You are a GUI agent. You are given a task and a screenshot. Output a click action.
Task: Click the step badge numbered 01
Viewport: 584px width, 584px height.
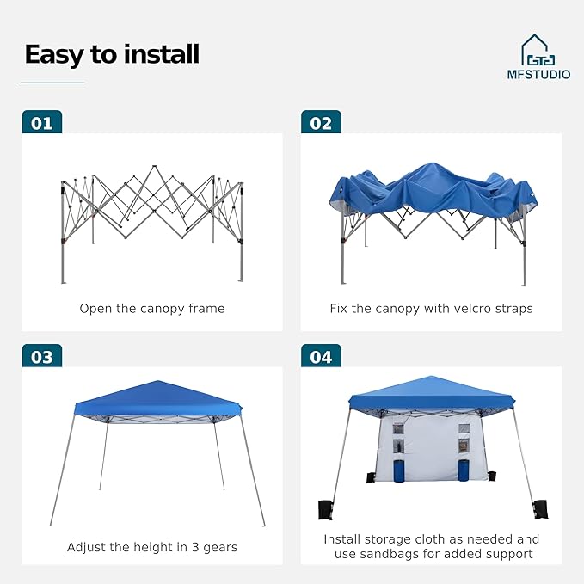pyautogui.click(x=41, y=122)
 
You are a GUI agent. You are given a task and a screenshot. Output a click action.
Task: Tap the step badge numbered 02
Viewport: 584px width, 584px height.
pyautogui.click(x=321, y=122)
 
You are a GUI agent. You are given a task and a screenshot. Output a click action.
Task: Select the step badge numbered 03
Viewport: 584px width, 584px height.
pyautogui.click(x=41, y=356)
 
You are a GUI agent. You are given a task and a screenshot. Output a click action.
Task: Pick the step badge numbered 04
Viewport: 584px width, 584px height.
pyautogui.click(x=321, y=356)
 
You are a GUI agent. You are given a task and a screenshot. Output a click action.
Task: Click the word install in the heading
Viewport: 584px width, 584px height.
pyautogui.click(x=162, y=54)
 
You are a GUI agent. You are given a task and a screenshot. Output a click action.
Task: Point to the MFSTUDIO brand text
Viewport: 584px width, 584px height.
pyautogui.click(x=538, y=75)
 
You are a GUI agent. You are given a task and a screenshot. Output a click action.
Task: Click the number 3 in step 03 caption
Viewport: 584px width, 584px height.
pyautogui.click(x=195, y=547)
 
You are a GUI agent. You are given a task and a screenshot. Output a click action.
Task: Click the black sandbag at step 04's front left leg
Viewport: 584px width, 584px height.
pyautogui.click(x=325, y=509)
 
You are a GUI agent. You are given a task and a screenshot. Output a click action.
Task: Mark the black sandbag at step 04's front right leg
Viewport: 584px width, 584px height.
pyautogui.click(x=540, y=509)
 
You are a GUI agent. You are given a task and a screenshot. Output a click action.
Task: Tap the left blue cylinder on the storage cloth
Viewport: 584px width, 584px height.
pyautogui.click(x=399, y=470)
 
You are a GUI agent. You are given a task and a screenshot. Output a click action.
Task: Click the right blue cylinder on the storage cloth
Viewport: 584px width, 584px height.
pyautogui.click(x=464, y=470)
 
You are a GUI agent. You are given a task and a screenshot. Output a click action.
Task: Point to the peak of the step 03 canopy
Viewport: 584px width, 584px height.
pyautogui.click(x=158, y=381)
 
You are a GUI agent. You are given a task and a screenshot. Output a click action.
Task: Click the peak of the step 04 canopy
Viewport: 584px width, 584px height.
pyautogui.click(x=431, y=377)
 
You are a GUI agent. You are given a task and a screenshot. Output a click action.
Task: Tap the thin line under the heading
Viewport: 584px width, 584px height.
pyautogui.click(x=52, y=83)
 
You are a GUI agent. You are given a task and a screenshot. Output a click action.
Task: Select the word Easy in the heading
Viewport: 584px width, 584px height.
pyautogui.click(x=55, y=55)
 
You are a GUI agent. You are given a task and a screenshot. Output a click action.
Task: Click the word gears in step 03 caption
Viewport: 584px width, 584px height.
pyautogui.click(x=220, y=548)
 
